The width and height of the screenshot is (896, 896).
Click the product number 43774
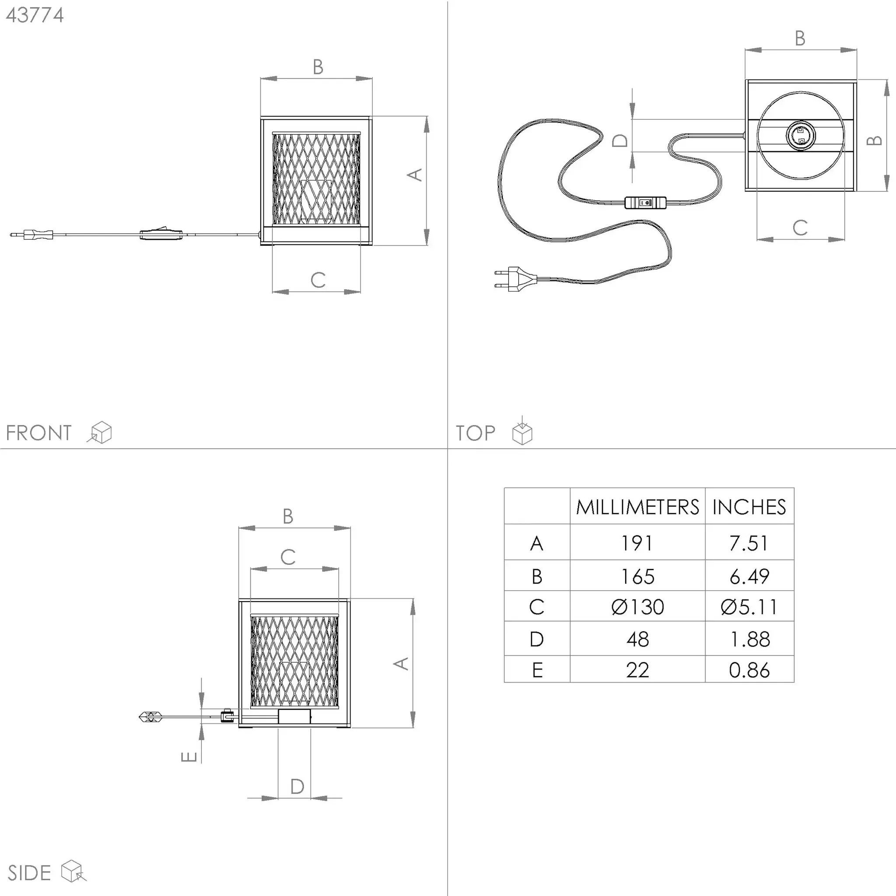pos(35,15)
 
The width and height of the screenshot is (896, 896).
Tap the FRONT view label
pos(38,433)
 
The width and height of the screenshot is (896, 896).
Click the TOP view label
pos(476,433)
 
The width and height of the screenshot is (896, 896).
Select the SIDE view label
pos(29,873)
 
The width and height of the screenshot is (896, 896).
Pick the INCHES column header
pos(749,507)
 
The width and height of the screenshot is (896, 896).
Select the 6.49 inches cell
pos(749,577)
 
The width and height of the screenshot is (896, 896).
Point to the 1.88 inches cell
pos(749,639)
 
